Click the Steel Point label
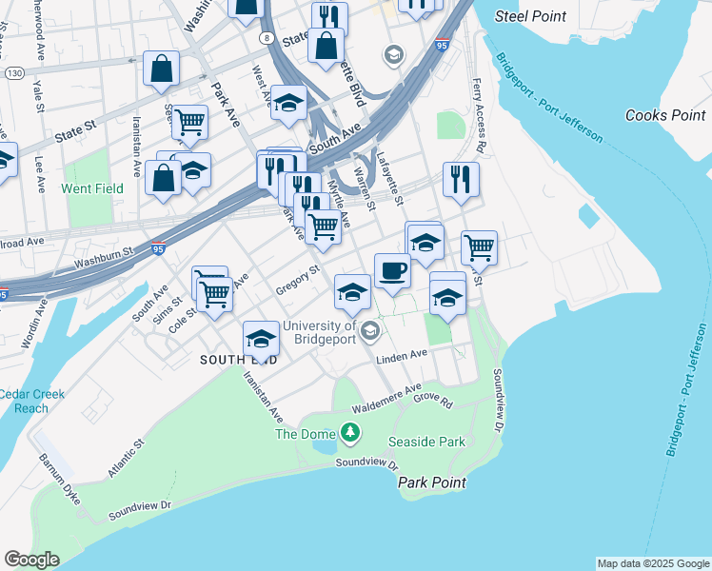pyautogui.click(x=531, y=16)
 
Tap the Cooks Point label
pyautogui.click(x=665, y=115)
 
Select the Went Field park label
pyautogui.click(x=92, y=188)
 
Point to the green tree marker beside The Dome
pyautogui.click(x=351, y=434)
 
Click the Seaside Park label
pyautogui.click(x=426, y=442)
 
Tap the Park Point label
pyautogui.click(x=432, y=482)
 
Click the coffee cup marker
pyautogui.click(x=392, y=271)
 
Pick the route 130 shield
pyautogui.click(x=14, y=73)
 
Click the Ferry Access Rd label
pyautogui.click(x=479, y=116)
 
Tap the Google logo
pyautogui.click(x=31, y=560)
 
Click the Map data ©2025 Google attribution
pyautogui.click(x=653, y=563)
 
